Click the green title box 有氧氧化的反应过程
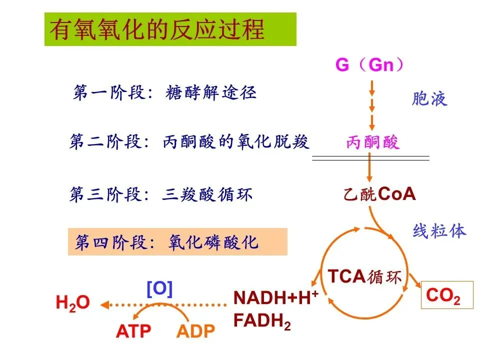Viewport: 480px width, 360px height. click(170, 29)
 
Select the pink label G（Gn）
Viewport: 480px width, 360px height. click(370, 65)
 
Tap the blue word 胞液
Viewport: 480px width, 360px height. click(429, 99)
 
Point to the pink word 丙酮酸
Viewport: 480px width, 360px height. click(373, 143)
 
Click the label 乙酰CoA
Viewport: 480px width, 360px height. click(379, 194)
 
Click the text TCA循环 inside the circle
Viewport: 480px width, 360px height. click(364, 276)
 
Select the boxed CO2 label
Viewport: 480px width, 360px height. click(442, 296)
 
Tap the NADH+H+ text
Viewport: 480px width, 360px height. click(276, 298)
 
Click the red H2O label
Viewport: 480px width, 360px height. click(72, 302)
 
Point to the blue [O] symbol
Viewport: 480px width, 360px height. click(159, 289)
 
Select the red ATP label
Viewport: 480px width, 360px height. click(133, 331)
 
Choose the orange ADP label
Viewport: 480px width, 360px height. click(195, 331)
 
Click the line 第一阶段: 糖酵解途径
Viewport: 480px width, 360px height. click(165, 93)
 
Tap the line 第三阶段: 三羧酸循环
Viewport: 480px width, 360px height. click(160, 194)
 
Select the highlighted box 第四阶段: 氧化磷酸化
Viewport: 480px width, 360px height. click(177, 242)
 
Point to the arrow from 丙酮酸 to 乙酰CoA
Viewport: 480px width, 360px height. click(370, 169)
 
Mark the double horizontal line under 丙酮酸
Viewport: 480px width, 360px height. click(370, 158)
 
